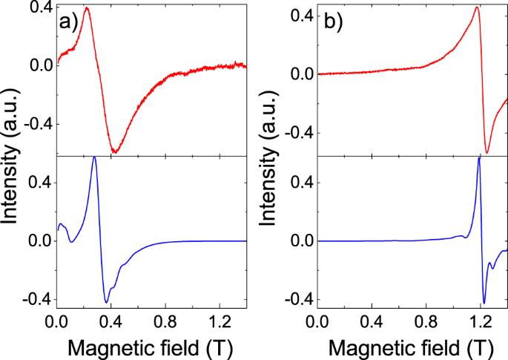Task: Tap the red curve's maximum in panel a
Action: pos(88,8)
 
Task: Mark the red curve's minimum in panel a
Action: pos(115,152)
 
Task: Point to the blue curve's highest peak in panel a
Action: pos(94,157)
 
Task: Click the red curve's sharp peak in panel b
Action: pos(476,8)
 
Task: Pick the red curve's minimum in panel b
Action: pos(486,153)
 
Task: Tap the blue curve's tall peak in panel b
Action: pos(479,158)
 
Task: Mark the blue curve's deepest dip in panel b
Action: pos(484,303)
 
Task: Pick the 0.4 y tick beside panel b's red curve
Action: pos(301,16)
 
